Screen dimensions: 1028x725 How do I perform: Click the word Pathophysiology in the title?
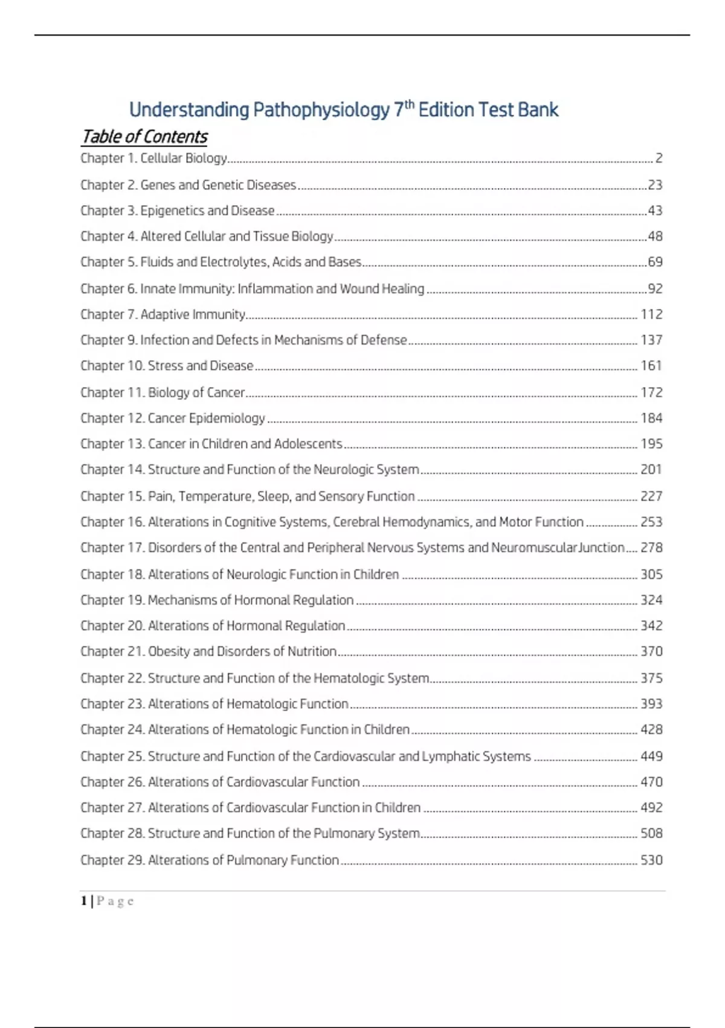click(321, 110)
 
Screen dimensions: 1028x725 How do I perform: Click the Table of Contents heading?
click(144, 137)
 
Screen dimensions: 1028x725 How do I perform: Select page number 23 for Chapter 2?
click(655, 185)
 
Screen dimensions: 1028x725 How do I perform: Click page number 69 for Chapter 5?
click(655, 262)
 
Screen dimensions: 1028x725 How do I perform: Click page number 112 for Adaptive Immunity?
click(651, 314)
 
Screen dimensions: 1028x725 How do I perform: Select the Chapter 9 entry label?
click(109, 340)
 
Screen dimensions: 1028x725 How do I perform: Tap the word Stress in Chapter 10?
click(165, 366)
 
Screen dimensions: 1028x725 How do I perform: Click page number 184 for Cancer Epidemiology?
click(651, 418)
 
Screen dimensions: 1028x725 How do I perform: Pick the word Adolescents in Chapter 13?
click(308, 444)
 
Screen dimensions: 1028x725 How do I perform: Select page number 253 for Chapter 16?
click(651, 522)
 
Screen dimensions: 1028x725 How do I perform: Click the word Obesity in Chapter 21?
click(169, 652)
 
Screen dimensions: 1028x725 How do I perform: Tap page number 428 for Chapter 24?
click(651, 730)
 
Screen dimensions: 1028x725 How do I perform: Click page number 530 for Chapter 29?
click(651, 860)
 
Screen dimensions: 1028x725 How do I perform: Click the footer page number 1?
click(83, 901)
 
